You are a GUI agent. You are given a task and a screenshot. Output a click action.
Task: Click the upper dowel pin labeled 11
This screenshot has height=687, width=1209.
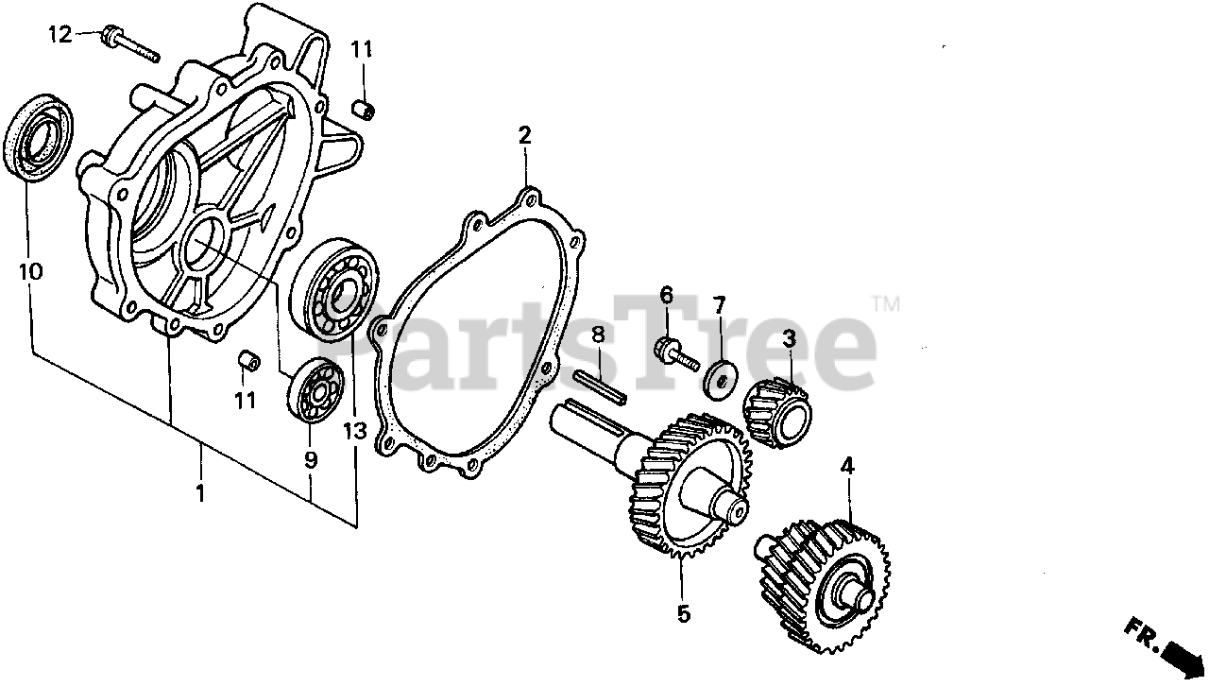(363, 109)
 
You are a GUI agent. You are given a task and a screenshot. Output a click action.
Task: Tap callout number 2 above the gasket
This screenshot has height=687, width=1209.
(525, 135)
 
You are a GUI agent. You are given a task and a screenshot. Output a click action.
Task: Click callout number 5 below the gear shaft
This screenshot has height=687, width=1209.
(682, 614)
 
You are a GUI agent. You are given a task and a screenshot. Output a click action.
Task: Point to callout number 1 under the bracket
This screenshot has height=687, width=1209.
(199, 492)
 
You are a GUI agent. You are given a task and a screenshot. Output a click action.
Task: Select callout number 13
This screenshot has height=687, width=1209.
(354, 432)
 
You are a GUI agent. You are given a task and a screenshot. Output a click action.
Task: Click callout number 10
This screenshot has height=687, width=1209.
(30, 272)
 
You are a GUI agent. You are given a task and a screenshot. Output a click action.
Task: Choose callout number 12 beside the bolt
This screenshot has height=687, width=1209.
(60, 35)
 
